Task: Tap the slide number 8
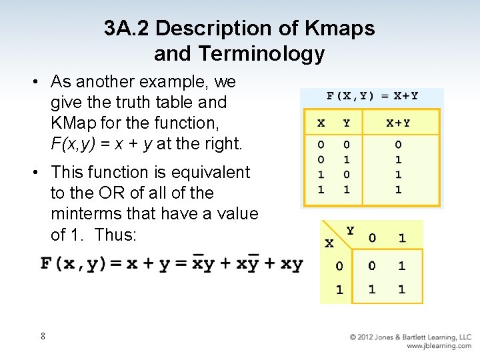[x=43, y=336]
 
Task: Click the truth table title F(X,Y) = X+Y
[x=372, y=95]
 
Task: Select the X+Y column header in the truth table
[x=398, y=123]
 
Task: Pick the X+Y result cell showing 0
[x=398, y=144]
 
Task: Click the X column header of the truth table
[x=321, y=123]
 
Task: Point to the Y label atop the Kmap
[x=350, y=230]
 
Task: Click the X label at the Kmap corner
[x=329, y=244]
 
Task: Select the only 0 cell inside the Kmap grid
[x=371, y=265]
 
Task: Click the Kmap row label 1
[x=339, y=290]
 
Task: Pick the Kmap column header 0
[x=371, y=238]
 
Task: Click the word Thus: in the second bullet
[x=116, y=235]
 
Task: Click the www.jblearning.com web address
[x=439, y=346]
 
